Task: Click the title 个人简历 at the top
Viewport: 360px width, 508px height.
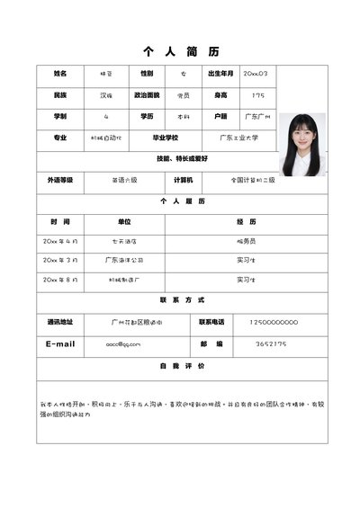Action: click(181, 51)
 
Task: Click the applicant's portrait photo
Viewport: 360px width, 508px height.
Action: click(300, 144)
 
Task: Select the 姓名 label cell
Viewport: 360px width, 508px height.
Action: click(60, 73)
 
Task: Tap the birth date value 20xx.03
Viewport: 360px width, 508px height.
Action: click(255, 73)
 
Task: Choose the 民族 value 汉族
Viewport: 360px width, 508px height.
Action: click(106, 94)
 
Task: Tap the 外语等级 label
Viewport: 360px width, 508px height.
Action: click(60, 180)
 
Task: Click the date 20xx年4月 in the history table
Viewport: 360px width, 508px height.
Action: click(60, 241)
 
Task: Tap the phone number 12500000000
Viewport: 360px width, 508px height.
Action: click(273, 321)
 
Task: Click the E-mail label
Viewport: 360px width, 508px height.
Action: click(60, 343)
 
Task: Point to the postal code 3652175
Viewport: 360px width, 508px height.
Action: click(271, 343)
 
